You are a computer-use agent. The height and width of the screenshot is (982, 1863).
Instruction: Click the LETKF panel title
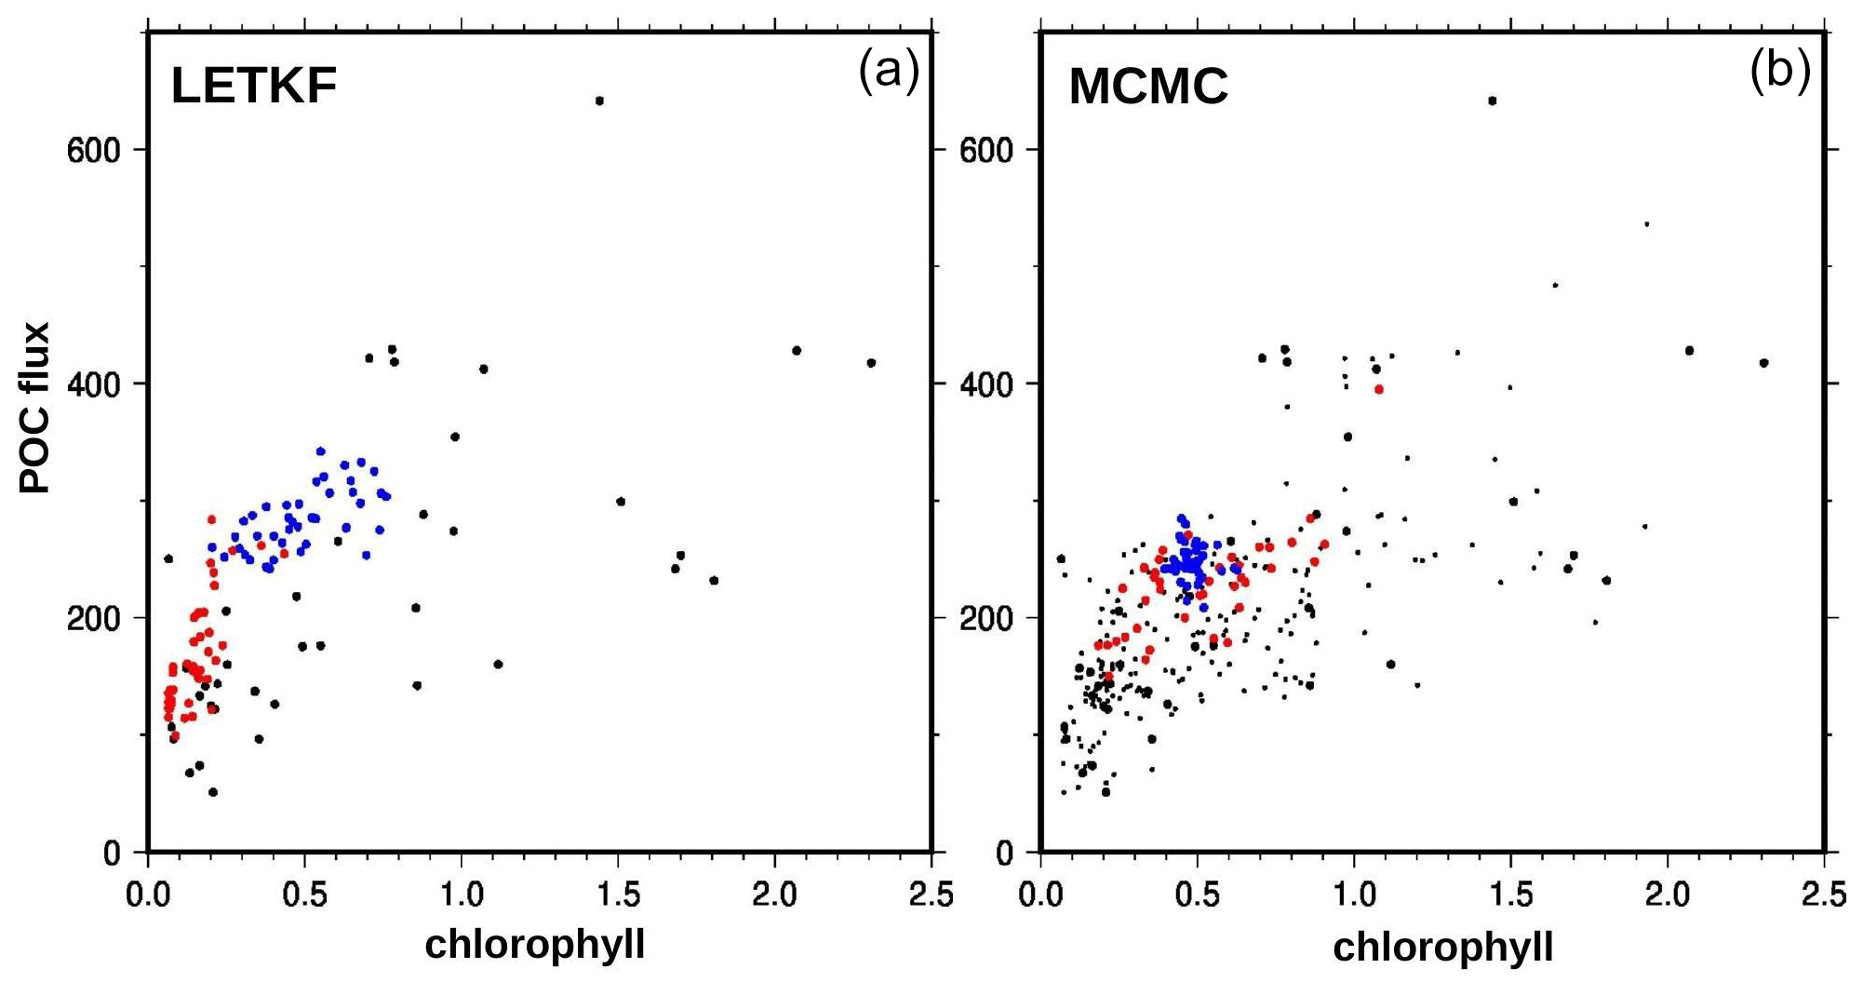point(253,87)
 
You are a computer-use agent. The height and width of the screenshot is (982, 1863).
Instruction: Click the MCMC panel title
point(1148,87)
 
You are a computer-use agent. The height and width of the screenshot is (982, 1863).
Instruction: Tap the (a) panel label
point(889,71)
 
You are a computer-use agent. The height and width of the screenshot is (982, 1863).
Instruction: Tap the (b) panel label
point(1780,71)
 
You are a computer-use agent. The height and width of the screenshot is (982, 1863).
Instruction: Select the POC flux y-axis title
point(35,408)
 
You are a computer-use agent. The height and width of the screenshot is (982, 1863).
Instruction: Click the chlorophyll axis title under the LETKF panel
point(535,944)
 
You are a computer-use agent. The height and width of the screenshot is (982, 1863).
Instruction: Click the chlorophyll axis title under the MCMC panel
point(1443,947)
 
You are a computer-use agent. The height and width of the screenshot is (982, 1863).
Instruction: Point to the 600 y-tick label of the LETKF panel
point(94,150)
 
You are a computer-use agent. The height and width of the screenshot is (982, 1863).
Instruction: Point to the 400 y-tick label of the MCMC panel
point(987,383)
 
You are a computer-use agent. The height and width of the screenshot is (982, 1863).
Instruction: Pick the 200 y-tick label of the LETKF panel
point(94,618)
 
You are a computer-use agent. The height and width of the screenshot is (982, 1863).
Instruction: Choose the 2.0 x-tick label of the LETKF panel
point(774,895)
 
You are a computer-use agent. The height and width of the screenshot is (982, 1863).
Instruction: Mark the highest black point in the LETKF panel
point(599,101)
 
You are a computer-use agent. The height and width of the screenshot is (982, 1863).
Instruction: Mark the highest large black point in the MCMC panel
point(1493,101)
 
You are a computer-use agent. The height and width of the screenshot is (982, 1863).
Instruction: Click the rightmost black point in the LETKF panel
point(871,363)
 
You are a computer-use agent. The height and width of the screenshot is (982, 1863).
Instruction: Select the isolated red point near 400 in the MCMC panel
point(1379,389)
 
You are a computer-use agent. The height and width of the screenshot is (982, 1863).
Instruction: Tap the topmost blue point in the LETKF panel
point(321,451)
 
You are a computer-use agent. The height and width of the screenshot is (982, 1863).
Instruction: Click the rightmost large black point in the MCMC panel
point(1763,363)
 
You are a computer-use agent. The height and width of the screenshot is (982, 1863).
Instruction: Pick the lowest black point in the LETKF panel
point(213,792)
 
